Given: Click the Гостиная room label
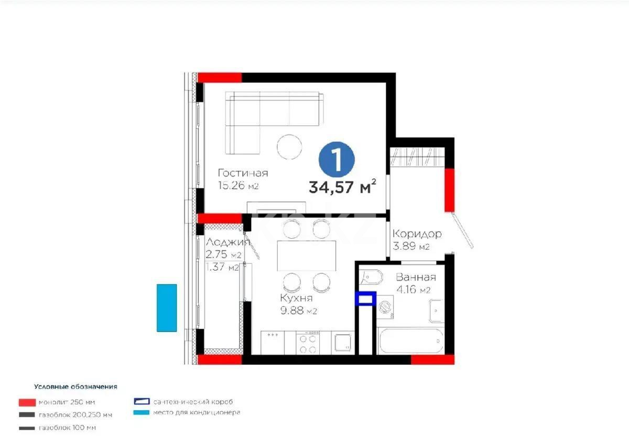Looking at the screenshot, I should (x=243, y=173).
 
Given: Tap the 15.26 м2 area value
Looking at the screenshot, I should (x=238, y=186).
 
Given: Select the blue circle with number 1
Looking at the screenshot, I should (x=337, y=159).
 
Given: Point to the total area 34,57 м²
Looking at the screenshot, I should (x=343, y=187).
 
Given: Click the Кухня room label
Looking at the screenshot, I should (x=297, y=298).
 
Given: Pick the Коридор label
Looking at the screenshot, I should (x=417, y=234).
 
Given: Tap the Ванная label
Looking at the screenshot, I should (x=416, y=278).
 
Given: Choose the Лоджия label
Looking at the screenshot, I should (x=226, y=242).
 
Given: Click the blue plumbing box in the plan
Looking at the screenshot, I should (x=365, y=299).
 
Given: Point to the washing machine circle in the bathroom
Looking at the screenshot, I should (x=387, y=305).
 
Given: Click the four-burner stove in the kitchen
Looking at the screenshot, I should (x=307, y=343).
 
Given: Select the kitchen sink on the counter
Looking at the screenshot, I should (x=343, y=343).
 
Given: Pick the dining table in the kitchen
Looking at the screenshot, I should (x=307, y=256).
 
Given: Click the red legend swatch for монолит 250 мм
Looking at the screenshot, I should (x=26, y=402).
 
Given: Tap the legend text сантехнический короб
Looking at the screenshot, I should (x=193, y=402).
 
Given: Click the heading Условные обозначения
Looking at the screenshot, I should (x=75, y=387).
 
